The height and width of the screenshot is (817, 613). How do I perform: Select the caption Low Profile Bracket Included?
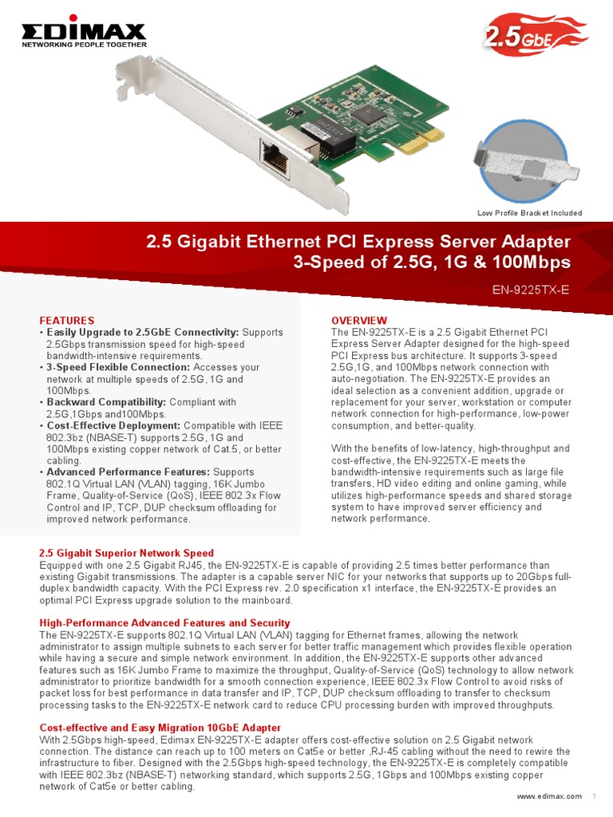pyautogui.click(x=529, y=213)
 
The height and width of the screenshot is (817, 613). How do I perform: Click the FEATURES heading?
pyautogui.click(x=67, y=321)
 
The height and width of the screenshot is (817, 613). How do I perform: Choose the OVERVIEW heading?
pyautogui.click(x=359, y=321)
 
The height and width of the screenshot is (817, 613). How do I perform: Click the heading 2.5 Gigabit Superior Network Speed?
pyautogui.click(x=127, y=553)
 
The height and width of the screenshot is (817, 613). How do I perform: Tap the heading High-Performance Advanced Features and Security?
pyautogui.click(x=164, y=622)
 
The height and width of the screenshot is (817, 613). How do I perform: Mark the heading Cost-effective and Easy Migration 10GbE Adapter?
pyautogui.click(x=160, y=728)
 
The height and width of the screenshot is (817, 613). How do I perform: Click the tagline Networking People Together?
pyautogui.click(x=83, y=45)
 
